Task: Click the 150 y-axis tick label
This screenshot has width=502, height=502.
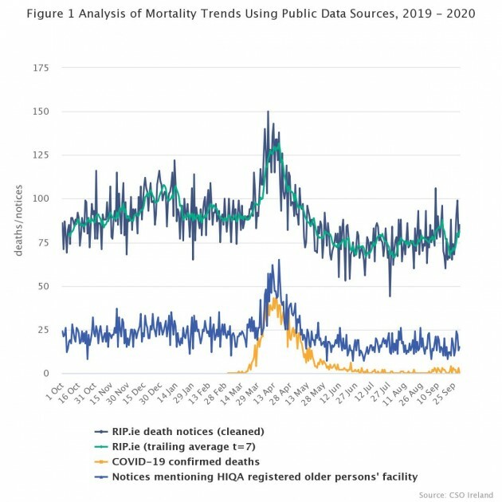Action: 41,112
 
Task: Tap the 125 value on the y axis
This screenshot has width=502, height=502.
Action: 41,155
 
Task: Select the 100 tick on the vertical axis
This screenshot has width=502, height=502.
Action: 41,198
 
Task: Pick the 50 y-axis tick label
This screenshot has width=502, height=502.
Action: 45,286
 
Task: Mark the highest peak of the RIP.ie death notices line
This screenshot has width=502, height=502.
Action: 268,112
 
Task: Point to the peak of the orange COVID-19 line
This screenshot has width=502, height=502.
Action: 273,297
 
